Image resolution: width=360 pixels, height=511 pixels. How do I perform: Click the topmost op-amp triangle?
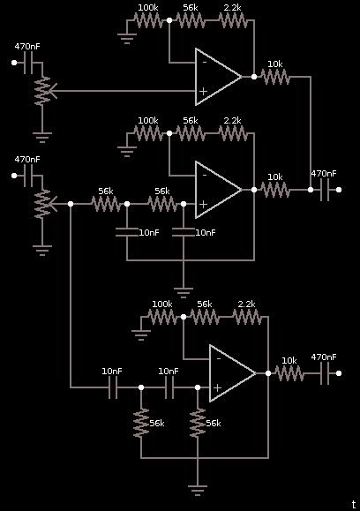(x=218, y=77)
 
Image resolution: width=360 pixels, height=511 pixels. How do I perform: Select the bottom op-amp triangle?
(x=232, y=373)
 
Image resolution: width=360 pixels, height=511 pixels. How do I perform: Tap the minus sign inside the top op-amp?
(x=205, y=63)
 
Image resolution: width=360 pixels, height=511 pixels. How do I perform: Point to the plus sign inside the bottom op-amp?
(x=217, y=387)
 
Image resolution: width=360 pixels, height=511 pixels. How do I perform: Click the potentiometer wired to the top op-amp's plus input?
(x=44, y=91)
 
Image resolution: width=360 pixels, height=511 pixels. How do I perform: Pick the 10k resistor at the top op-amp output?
(x=275, y=77)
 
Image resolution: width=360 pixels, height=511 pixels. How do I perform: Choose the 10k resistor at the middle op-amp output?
(x=275, y=190)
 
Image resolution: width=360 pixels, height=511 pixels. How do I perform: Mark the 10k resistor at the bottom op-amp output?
(x=289, y=373)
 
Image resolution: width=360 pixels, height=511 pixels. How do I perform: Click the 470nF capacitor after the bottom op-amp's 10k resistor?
(x=325, y=373)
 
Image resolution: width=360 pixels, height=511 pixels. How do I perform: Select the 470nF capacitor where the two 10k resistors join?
(x=325, y=190)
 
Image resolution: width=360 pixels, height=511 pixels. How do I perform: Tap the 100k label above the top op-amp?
(x=148, y=7)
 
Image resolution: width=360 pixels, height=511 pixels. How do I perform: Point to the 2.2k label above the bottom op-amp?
(x=246, y=304)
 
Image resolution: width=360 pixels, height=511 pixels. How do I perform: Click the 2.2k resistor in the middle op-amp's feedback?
(x=232, y=133)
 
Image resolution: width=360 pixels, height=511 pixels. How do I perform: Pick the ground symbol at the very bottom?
(x=198, y=490)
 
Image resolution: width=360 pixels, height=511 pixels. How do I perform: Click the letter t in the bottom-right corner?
(x=354, y=505)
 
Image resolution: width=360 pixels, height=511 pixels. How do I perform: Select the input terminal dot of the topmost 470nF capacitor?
(x=14, y=63)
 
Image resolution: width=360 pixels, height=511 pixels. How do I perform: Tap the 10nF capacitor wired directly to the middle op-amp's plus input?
(x=184, y=232)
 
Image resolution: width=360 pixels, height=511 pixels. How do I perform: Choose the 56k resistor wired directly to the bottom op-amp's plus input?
(x=198, y=423)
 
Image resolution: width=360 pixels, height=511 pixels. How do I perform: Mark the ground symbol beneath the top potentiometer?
(x=42, y=138)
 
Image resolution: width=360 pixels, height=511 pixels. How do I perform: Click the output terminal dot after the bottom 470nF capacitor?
(x=339, y=373)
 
